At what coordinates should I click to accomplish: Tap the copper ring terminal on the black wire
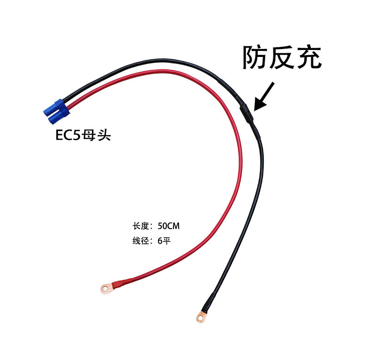tap(201, 317)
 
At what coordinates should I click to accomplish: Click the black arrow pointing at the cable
tap(265, 97)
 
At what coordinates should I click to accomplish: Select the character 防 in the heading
tap(256, 57)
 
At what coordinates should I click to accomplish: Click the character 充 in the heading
tap(308, 57)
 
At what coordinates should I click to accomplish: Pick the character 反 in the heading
tap(282, 57)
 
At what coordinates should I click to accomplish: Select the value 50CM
tap(168, 227)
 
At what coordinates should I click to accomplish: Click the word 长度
tap(140, 227)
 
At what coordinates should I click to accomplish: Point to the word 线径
tap(140, 241)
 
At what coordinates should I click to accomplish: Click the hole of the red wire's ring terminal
tap(106, 290)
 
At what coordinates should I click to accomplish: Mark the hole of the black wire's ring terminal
tap(200, 318)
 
